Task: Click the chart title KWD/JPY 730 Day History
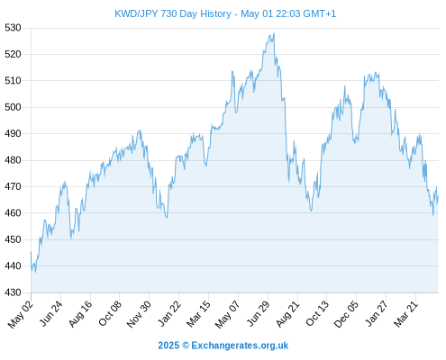tap(173, 13)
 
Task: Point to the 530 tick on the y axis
tap(13, 28)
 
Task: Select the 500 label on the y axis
tap(13, 107)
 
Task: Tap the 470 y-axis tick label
tap(13, 186)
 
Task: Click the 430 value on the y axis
tap(13, 292)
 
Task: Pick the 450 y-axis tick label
tap(13, 239)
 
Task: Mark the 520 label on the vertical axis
tap(13, 54)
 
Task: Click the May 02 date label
tap(20, 314)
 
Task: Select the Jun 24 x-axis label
tap(51, 313)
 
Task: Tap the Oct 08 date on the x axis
tap(110, 313)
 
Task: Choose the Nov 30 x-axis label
tap(139, 314)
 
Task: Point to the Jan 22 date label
tap(169, 313)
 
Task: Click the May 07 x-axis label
tap(228, 314)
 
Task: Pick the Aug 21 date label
tap(287, 313)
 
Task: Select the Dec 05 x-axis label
tap(346, 314)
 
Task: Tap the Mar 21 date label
tap(405, 313)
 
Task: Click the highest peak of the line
tap(274, 32)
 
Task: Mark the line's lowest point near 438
tap(35, 272)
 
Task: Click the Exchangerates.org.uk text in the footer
tap(240, 346)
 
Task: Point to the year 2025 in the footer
tap(168, 346)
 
